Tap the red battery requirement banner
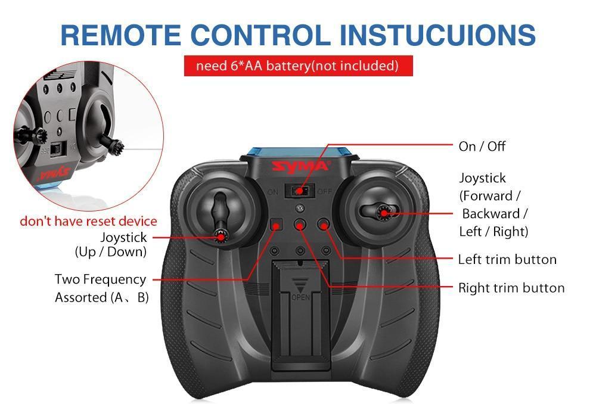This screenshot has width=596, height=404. [x=298, y=66]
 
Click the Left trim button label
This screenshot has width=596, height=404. [x=507, y=259]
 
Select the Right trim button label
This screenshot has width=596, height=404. [x=511, y=288]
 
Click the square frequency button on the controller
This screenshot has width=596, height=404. [x=276, y=225]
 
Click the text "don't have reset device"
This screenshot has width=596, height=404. [x=88, y=221]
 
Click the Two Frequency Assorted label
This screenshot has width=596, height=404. [x=101, y=288]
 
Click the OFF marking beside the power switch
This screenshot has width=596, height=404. [x=325, y=192]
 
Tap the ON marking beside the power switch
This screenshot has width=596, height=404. [x=274, y=192]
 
